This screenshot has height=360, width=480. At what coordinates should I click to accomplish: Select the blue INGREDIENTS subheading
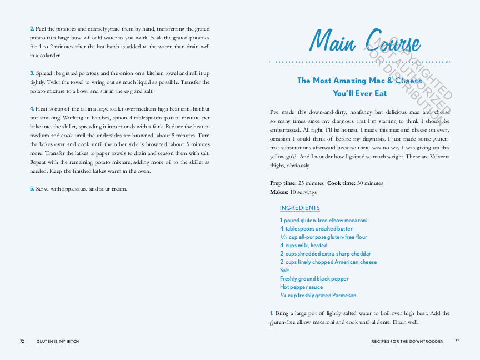tap(299, 208)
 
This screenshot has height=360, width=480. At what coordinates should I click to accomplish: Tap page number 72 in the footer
tap(22, 341)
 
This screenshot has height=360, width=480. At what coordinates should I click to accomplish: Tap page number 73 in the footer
tap(457, 341)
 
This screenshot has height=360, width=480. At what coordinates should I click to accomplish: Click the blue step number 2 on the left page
tap(32, 28)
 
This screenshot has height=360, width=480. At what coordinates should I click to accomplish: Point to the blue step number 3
tap(32, 73)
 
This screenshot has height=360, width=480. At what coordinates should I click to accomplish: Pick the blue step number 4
tap(32, 109)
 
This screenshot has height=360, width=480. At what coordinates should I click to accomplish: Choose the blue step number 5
tap(32, 189)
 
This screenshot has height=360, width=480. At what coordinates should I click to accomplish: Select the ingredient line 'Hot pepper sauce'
tap(301, 287)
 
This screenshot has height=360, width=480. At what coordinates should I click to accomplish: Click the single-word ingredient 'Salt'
tap(284, 271)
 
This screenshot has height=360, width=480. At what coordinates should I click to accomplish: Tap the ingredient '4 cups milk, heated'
tap(303, 246)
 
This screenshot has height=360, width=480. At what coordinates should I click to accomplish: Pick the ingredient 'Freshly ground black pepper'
tap(314, 279)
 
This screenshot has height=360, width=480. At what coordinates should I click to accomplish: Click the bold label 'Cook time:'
tap(341, 183)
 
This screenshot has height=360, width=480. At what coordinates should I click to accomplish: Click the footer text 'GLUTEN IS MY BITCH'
tap(58, 341)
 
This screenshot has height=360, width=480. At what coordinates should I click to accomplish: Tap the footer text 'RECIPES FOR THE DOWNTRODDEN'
tap(407, 341)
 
